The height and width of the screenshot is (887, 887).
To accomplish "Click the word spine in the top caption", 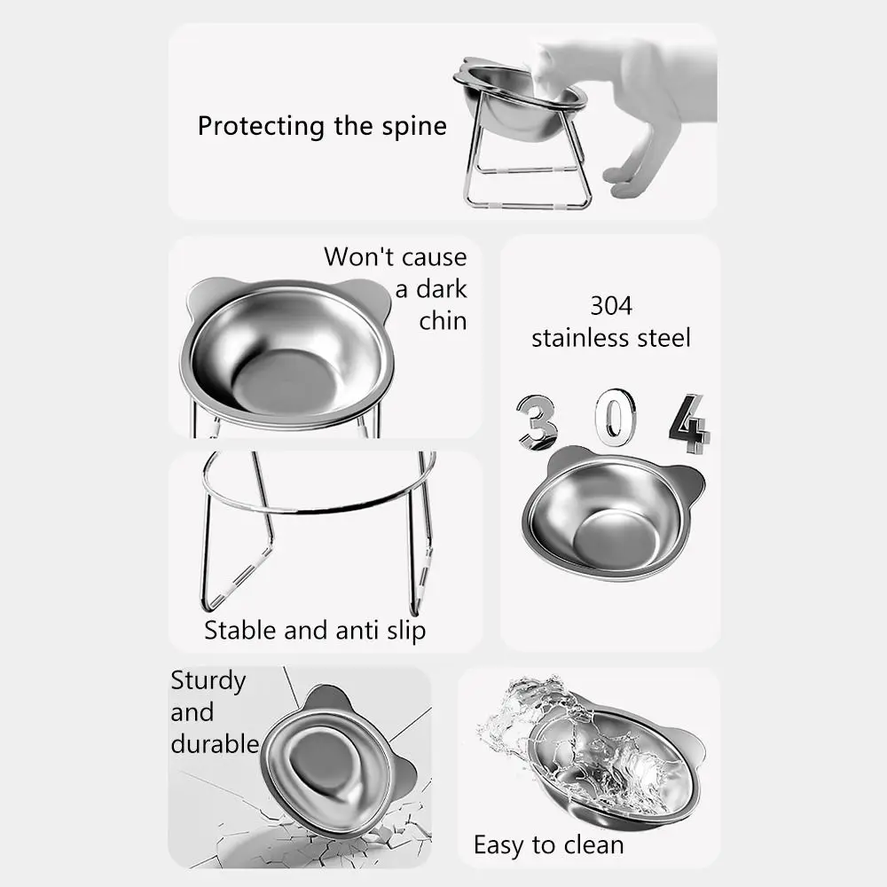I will pos(414,126).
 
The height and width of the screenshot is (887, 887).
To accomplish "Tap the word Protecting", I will pos(262,126).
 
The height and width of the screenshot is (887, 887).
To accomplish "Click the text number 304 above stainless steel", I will pos(611,306).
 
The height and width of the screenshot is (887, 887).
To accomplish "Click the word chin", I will pos(443,320).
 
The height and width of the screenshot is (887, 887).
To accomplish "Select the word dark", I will pos(443,289).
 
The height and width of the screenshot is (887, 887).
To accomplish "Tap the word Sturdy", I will pos(208,681).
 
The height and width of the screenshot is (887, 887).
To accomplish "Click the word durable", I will pos(215,743).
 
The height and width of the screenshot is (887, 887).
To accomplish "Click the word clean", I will pos(591,844).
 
